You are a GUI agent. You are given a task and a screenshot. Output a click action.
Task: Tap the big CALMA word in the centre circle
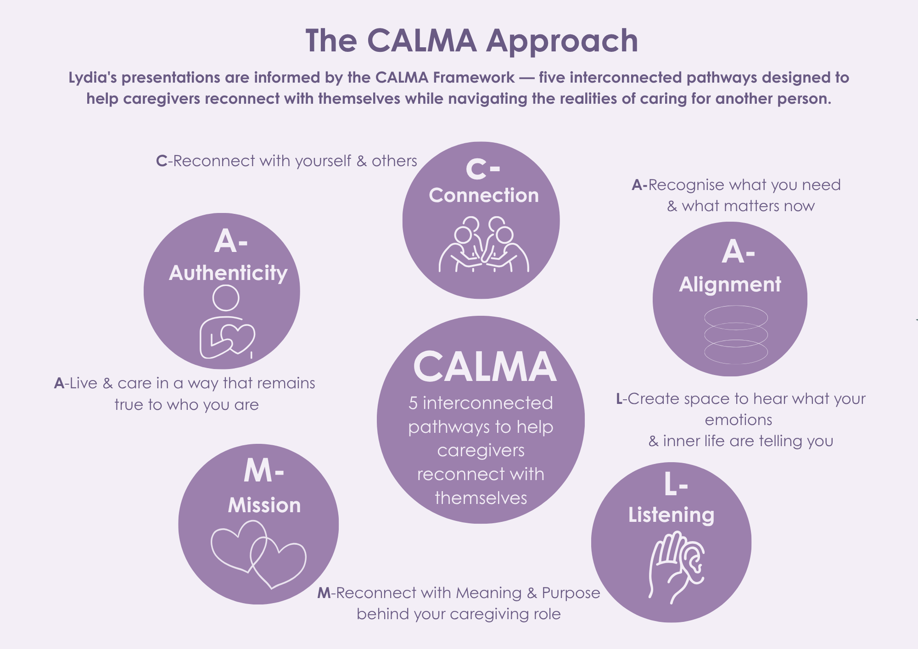(485, 367)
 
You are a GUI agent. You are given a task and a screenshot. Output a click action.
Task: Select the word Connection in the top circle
(484, 196)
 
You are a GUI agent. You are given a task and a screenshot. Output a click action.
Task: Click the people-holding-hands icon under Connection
(484, 244)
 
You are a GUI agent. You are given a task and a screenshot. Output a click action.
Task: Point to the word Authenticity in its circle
(228, 274)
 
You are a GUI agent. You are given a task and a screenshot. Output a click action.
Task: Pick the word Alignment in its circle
(730, 285)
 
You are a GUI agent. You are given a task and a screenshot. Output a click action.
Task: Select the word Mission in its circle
(264, 505)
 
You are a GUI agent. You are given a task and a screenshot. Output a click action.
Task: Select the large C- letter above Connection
(483, 169)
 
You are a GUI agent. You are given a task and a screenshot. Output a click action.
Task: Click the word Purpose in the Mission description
(571, 593)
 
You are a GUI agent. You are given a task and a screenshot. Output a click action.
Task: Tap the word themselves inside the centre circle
(481, 498)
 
